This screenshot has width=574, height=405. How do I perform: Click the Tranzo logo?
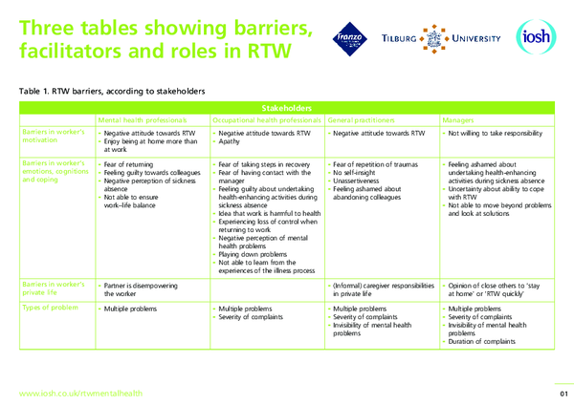(351, 38)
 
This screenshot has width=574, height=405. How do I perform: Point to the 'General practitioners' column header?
(368, 120)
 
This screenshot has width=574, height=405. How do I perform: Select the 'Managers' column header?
(458, 120)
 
